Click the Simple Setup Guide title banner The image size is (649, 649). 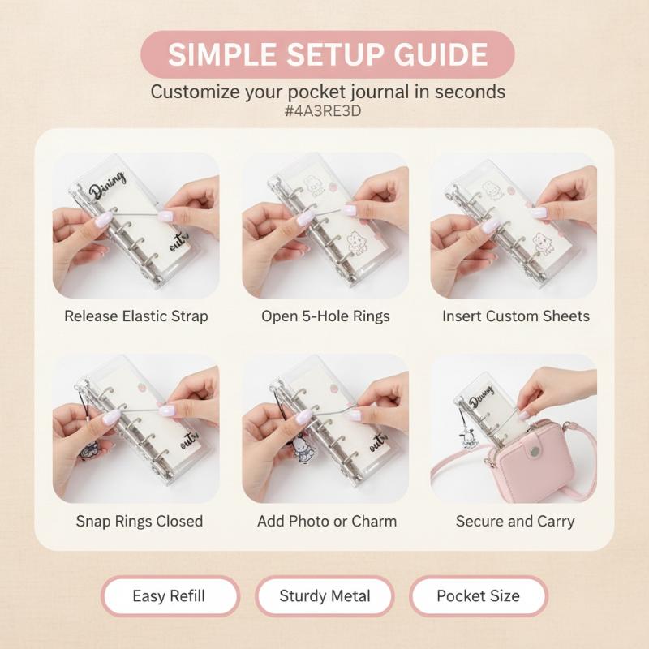pyautogui.click(x=328, y=54)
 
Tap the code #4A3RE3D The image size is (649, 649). pyautogui.click(x=323, y=111)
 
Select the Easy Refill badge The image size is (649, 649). pyautogui.click(x=170, y=596)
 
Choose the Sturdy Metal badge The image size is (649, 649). pyautogui.click(x=324, y=596)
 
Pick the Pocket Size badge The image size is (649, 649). pyautogui.click(x=479, y=596)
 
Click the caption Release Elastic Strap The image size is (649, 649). pyautogui.click(x=135, y=316)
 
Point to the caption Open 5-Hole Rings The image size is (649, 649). pyautogui.click(x=325, y=316)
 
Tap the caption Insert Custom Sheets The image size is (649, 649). pyautogui.click(x=516, y=316)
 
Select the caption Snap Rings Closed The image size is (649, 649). pyautogui.click(x=140, y=521)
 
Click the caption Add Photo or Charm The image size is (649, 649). pyautogui.click(x=327, y=521)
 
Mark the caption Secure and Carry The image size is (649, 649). pyautogui.click(x=515, y=521)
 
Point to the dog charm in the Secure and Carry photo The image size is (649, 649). pyautogui.click(x=467, y=441)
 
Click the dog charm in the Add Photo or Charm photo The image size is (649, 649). pyautogui.click(x=302, y=449)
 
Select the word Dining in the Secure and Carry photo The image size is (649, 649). pyautogui.click(x=481, y=396)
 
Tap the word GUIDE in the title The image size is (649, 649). pyautogui.click(x=441, y=54)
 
